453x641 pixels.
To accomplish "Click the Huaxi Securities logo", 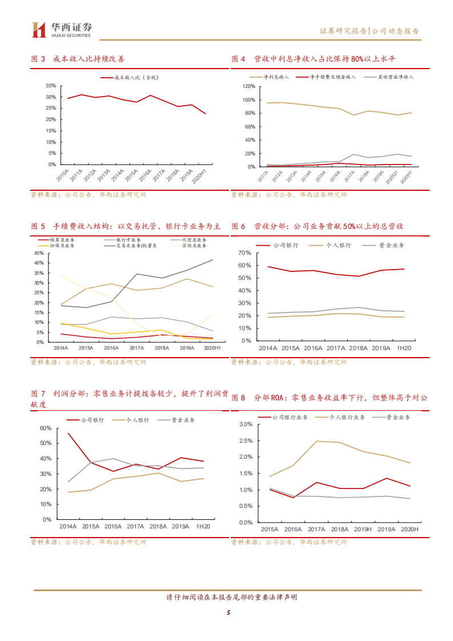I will pyautogui.click(x=63, y=29).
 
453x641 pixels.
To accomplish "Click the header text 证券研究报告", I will pyautogui.click(x=343, y=31).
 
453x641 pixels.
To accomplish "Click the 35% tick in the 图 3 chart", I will pyautogui.click(x=50, y=86).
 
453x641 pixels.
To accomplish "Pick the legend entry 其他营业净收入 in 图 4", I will pyautogui.click(x=395, y=76).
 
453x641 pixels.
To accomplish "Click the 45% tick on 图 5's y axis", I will pyautogui.click(x=39, y=253).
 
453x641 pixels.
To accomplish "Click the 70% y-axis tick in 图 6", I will pyautogui.click(x=244, y=253).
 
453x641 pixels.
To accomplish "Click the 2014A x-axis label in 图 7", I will pyautogui.click(x=69, y=526).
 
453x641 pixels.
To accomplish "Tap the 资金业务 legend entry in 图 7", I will pyautogui.click(x=183, y=420).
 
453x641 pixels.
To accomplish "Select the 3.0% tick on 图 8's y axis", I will pyautogui.click(x=244, y=424).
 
